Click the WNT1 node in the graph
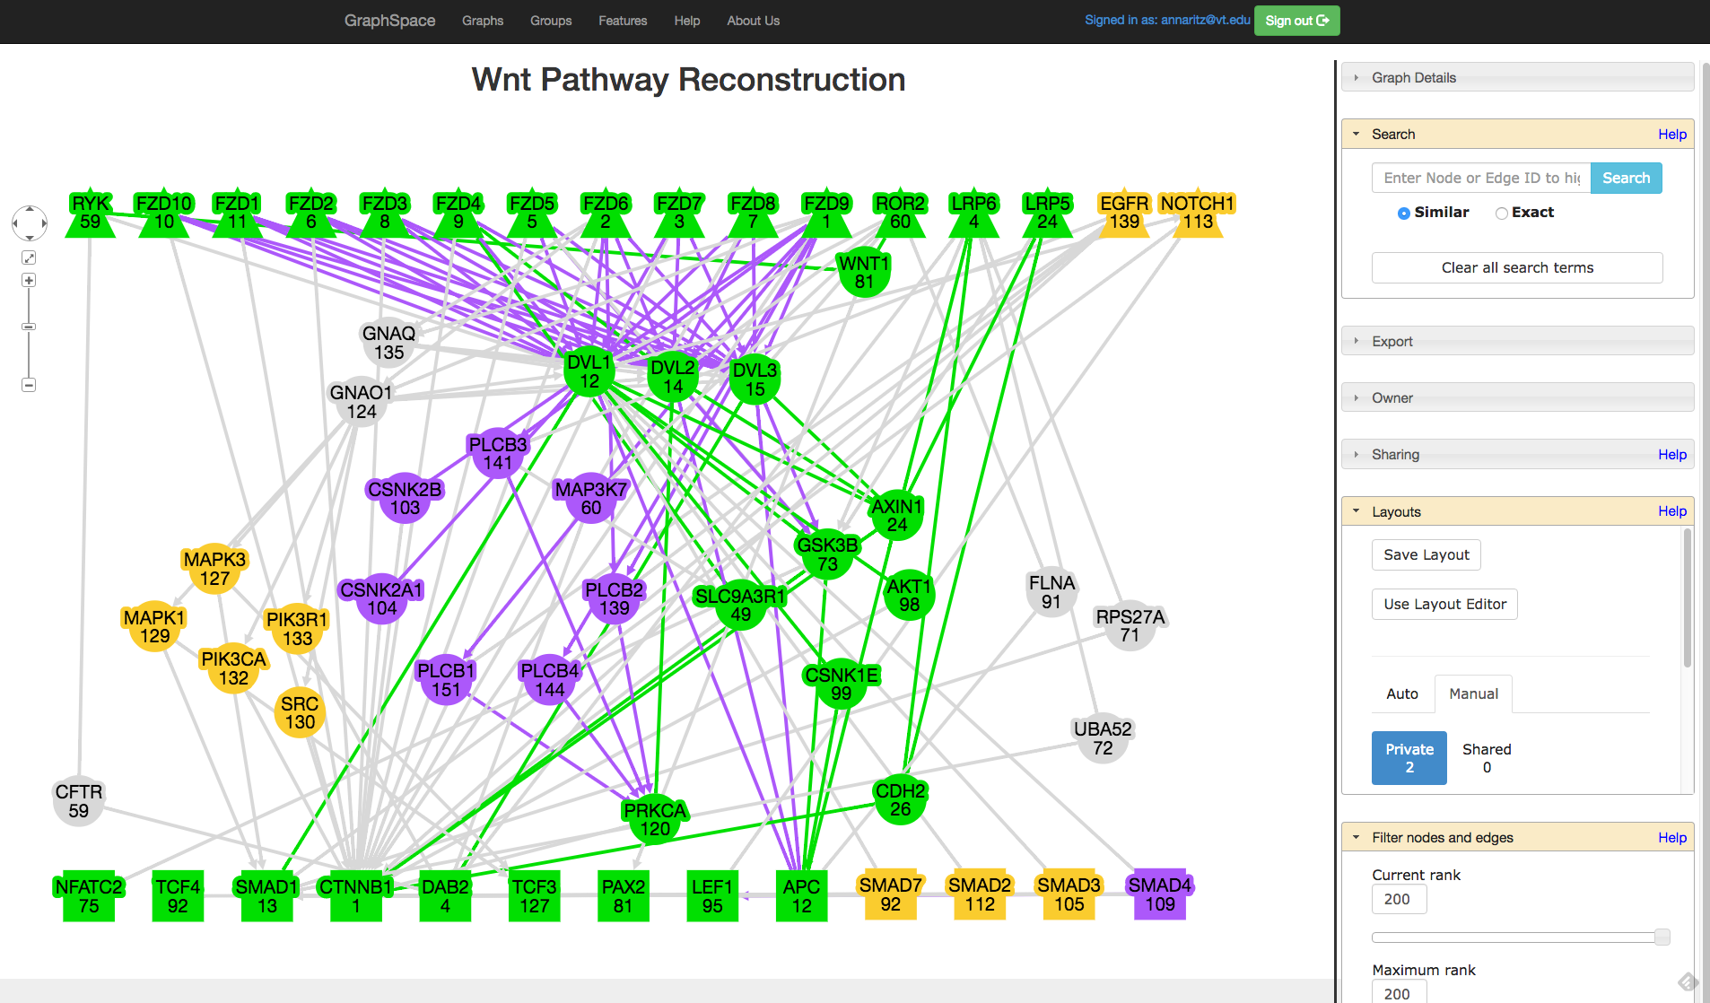864,273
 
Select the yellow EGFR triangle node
1124,215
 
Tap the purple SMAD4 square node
1160,894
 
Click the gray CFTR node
79,801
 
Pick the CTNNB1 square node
356,896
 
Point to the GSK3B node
827,554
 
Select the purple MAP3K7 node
591,499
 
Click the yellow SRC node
300,713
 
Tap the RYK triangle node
91,215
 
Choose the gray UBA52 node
1103,738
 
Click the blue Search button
1626,178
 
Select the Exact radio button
1501,213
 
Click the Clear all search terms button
1516,267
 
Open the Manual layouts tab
1473,693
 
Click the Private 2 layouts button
1409,758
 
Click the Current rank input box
1399,899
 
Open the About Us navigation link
753,21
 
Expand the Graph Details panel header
1516,77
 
